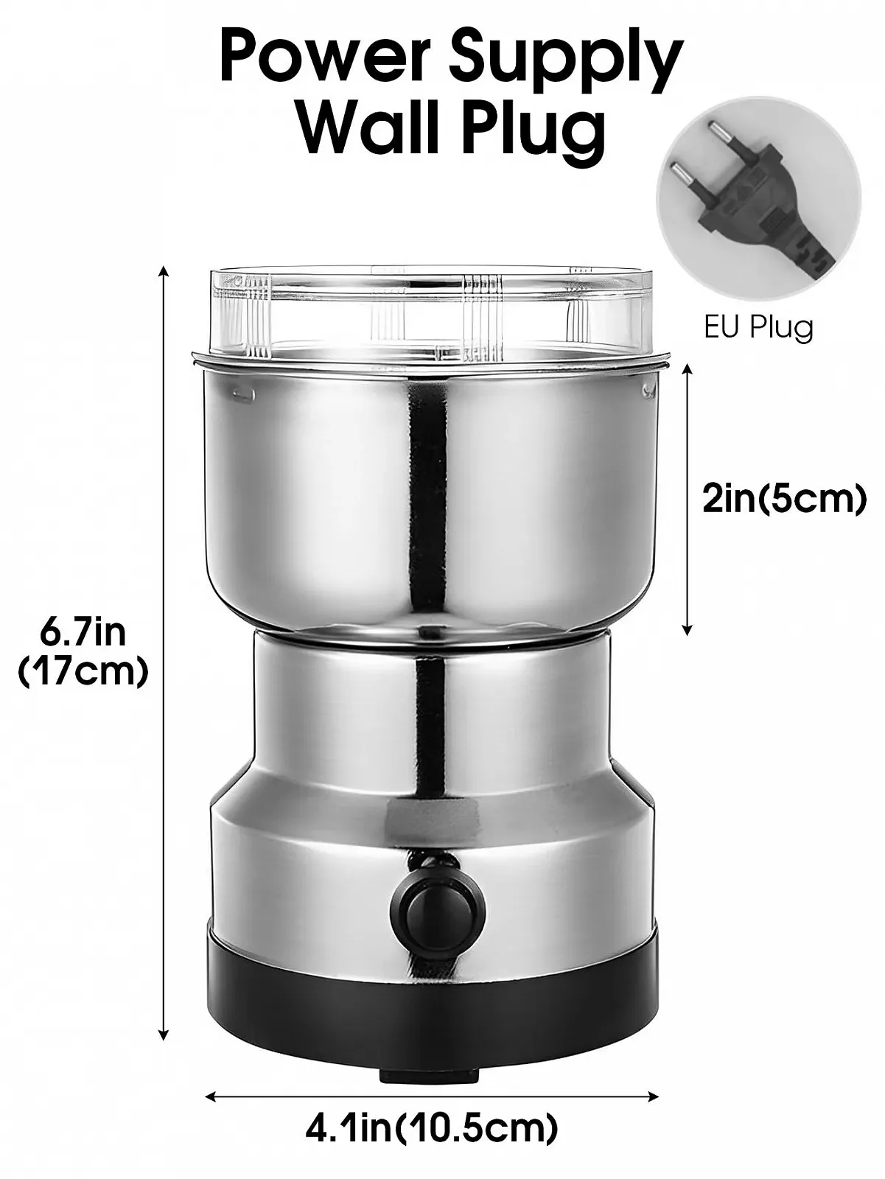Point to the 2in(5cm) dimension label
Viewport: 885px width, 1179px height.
[785, 499]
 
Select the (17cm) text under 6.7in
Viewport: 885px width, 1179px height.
[83, 671]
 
